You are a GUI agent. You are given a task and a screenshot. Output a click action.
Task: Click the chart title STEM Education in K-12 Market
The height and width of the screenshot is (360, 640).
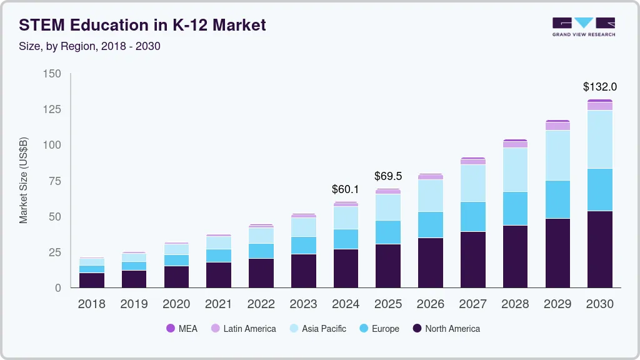[x=142, y=25]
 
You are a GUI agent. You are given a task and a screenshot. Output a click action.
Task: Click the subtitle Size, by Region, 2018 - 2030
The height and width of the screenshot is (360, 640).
[x=89, y=46]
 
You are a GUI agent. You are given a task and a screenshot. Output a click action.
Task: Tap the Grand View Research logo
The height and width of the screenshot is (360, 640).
[x=583, y=27]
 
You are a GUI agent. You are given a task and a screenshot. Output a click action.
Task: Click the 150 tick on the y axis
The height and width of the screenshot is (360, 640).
[x=52, y=74]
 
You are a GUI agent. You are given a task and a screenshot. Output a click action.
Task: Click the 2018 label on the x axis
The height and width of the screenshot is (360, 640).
[x=91, y=304]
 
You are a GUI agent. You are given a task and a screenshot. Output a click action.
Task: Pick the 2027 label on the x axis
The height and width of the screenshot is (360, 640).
[x=472, y=304]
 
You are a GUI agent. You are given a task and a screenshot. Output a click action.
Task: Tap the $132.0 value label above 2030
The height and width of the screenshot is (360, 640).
[x=599, y=87]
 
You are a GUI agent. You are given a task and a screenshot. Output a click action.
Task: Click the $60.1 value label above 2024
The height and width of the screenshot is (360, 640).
[x=346, y=189]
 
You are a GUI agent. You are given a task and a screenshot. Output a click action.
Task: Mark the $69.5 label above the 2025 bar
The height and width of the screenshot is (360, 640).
[x=388, y=176]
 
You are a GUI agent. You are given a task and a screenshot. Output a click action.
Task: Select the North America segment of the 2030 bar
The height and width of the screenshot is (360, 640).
[x=599, y=249]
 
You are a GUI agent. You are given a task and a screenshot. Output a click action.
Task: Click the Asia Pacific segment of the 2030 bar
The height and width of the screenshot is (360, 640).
[x=599, y=139]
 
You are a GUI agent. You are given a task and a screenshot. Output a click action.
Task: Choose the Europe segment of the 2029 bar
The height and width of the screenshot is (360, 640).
[x=557, y=199]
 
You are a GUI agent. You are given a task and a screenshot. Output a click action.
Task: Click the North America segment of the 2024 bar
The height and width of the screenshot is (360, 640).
[x=346, y=268]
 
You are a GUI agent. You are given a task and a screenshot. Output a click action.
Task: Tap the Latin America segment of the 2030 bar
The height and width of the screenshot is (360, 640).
[x=599, y=106]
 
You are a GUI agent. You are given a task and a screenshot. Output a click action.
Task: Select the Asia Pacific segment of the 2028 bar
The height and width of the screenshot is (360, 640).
[x=515, y=169]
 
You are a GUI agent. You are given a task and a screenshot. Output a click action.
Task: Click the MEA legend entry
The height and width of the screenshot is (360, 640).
[x=182, y=329]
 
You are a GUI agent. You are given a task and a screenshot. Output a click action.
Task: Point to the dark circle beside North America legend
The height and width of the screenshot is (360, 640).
[x=417, y=329]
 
